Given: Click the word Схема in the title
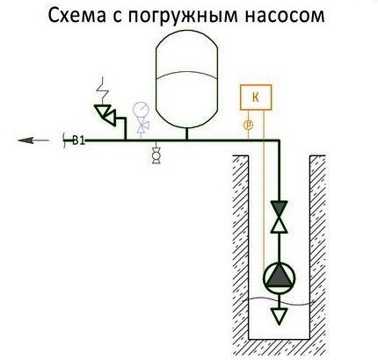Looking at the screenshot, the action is point(76,16).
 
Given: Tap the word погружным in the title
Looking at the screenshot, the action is point(183,17).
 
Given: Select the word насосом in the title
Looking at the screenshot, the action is point(285,17).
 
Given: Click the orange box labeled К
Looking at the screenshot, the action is point(256,97).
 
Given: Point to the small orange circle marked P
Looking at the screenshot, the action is point(248,126).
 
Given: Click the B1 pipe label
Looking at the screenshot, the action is point(78,140).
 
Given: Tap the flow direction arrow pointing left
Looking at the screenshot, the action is point(33,140).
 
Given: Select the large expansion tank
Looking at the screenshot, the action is point(186,79).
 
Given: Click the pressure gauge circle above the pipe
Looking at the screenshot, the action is point(141,110).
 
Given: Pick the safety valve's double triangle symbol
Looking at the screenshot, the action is point(105,115).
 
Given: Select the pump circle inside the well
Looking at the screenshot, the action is point(279,277).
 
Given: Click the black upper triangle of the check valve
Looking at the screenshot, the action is point(279,208).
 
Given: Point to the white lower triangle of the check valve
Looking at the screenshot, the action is point(279,225).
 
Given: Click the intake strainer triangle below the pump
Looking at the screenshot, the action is point(279,316).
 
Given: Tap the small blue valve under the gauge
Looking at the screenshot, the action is point(143,126).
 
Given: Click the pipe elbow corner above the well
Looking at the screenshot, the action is point(279,140).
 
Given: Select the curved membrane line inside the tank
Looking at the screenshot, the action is point(186,76).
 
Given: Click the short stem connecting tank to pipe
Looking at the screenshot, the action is point(186,133).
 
